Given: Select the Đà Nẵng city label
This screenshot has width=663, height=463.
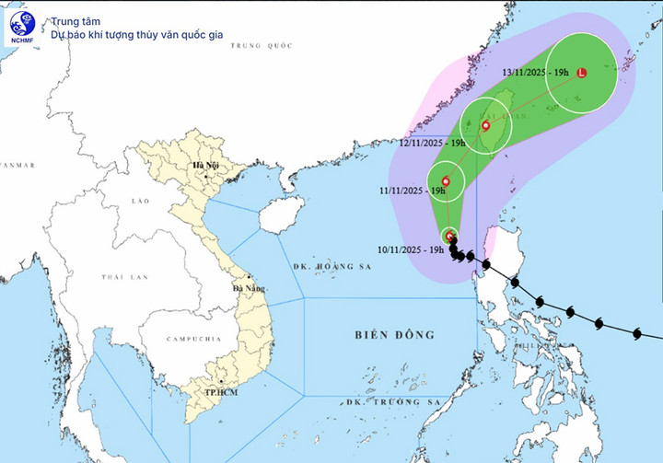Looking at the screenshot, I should [249, 288].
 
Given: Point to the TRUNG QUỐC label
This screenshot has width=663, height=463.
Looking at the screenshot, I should [262, 45].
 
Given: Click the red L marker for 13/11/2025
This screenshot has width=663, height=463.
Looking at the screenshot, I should [581, 73].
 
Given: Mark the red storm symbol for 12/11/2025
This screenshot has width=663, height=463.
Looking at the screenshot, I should [485, 124].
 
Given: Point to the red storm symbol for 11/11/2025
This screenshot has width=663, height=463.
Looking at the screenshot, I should [446, 181].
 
